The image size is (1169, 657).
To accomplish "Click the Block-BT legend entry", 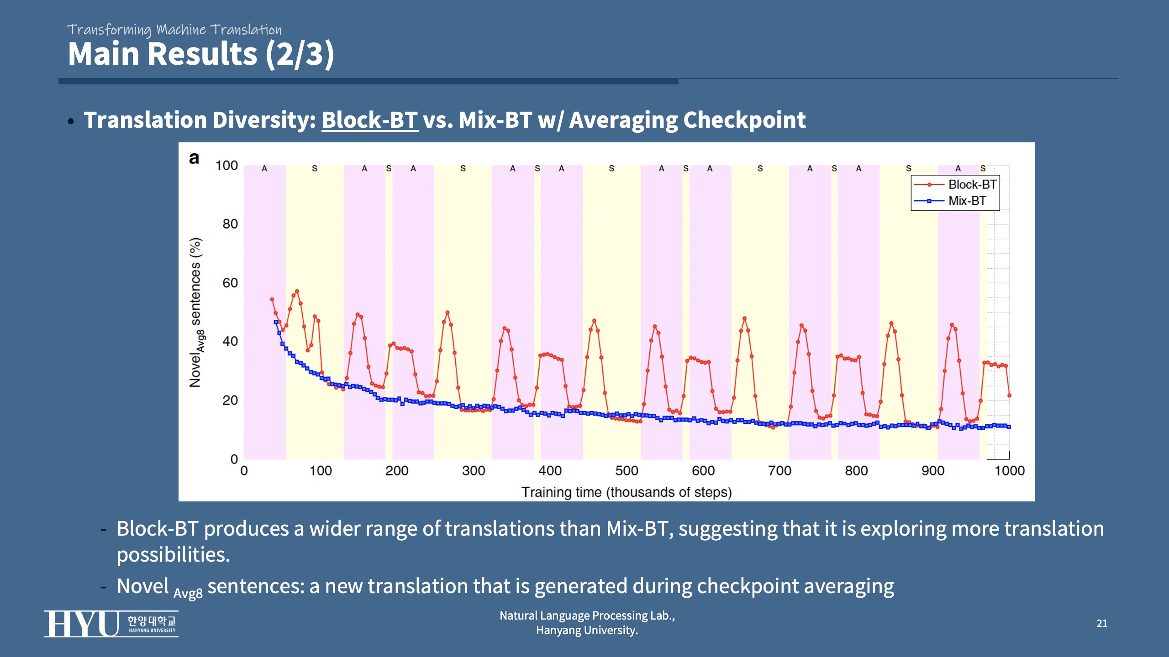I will [x=972, y=184].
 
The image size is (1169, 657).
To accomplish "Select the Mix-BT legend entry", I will [x=967, y=201].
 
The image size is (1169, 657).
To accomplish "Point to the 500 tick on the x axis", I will [x=627, y=470].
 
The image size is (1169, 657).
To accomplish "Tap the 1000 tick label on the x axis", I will [x=1009, y=470].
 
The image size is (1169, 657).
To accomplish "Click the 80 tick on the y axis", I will [x=230, y=224].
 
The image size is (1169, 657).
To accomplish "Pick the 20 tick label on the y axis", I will [x=230, y=400].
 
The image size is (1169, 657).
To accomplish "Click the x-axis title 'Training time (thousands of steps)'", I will [x=627, y=492].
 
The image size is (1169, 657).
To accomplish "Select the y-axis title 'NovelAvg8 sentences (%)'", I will [x=196, y=313].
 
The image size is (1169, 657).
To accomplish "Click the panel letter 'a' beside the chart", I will [x=194, y=158].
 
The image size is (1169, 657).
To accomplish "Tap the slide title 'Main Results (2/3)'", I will [x=201, y=54].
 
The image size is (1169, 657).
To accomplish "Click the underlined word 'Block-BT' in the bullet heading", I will [x=369, y=120].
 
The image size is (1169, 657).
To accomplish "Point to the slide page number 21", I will [x=1102, y=623].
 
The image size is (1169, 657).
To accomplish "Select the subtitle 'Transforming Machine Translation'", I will [x=174, y=30].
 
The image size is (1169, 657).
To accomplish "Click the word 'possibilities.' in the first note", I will [x=174, y=555].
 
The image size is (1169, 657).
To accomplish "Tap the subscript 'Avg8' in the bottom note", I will [x=188, y=594].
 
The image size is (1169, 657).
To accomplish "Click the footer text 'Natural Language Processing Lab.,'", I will [x=587, y=615].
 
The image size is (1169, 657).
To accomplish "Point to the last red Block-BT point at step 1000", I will [x=1009, y=396].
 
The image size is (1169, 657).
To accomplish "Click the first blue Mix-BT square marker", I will [x=276, y=322].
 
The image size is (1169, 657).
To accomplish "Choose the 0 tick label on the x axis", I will [x=244, y=470].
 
